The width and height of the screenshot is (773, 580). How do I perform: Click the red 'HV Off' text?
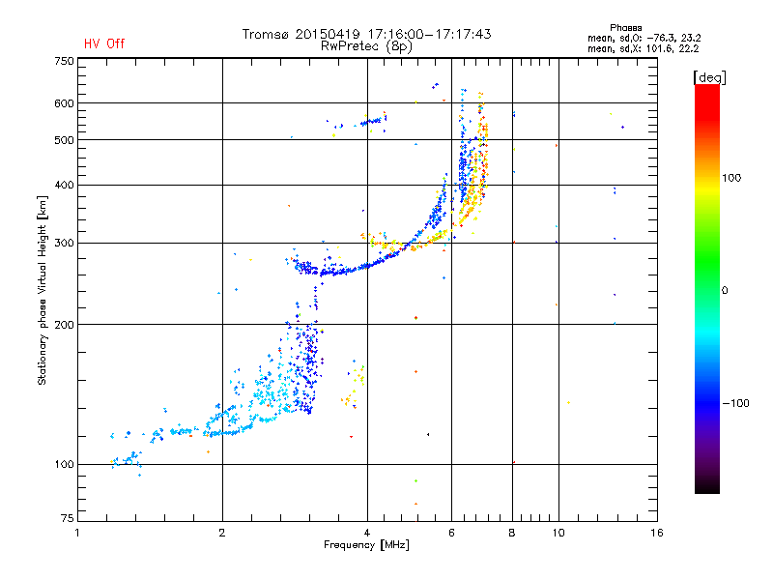coord(104,43)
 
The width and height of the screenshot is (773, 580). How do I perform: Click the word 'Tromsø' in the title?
coord(267,34)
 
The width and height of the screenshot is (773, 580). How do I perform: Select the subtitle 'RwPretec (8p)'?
coord(366,46)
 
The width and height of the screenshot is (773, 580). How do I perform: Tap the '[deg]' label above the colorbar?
coord(709,77)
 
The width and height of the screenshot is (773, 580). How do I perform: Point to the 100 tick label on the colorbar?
coord(731,178)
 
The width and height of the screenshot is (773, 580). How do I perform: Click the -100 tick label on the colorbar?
coord(736,403)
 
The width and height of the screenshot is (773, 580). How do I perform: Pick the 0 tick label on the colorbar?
coord(725,291)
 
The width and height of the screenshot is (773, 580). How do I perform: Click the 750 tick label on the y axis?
coord(64,61)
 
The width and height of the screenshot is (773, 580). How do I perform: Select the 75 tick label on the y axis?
coord(68,518)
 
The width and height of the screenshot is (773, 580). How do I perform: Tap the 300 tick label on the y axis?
coord(64,243)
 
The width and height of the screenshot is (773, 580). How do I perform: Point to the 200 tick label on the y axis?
coord(64,325)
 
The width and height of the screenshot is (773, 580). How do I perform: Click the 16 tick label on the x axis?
coord(657,533)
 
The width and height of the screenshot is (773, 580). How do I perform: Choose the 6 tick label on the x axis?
coord(451,533)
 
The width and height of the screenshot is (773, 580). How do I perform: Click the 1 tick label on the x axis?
coord(77,533)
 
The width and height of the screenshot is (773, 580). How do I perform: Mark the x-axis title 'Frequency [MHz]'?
coord(366,545)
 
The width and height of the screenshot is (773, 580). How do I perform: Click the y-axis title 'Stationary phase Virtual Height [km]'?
coord(42,290)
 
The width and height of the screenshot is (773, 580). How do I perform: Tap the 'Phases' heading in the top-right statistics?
coord(626,28)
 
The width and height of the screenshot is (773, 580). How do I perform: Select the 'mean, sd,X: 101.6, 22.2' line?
coord(644,49)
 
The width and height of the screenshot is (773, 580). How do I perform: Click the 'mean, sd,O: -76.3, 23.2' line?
coord(644,38)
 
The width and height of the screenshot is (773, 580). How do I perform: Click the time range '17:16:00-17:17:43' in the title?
coord(429,34)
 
